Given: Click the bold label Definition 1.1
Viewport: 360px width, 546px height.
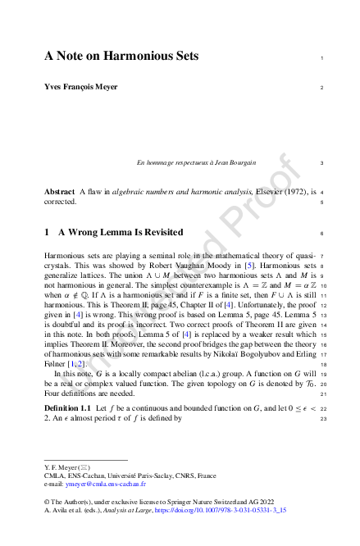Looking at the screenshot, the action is [67, 407].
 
